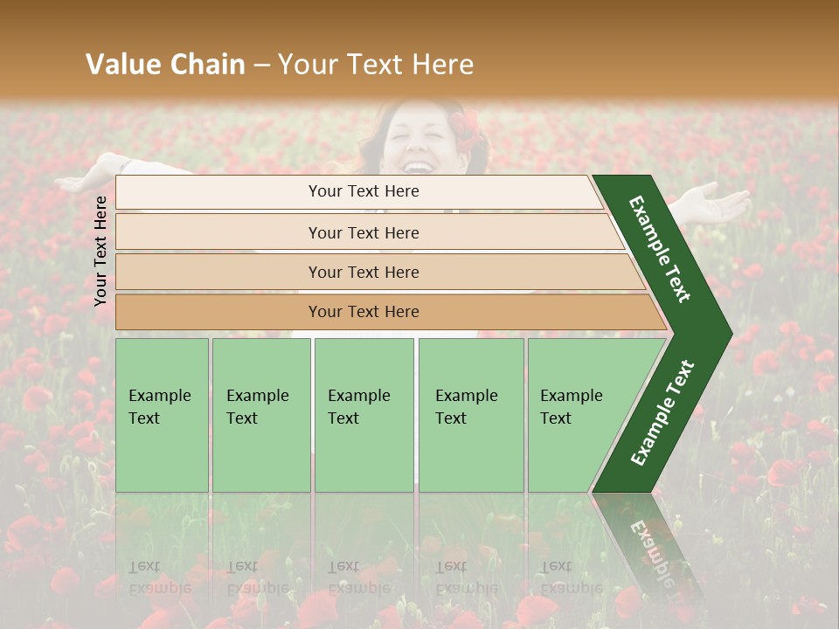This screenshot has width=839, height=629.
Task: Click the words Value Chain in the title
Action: coord(165,65)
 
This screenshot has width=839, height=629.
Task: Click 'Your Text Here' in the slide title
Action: coord(376,65)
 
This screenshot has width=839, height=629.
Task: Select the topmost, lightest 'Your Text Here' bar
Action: coord(363,191)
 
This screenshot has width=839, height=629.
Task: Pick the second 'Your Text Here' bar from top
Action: coord(363,232)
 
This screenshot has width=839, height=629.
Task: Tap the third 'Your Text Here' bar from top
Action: coord(363,272)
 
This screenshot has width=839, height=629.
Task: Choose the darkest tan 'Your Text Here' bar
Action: coord(363,312)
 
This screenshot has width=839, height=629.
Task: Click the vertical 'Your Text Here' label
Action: coord(101,251)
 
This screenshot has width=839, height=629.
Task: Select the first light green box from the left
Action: coord(162,415)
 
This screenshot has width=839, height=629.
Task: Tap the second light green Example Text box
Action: coord(260,415)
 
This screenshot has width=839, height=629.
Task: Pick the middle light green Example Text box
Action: coord(364,415)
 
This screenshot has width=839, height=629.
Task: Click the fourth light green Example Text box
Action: coord(470,415)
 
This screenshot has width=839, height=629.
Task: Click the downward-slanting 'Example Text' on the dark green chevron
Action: coord(661,249)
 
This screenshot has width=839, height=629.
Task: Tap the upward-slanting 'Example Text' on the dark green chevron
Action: coord(662,412)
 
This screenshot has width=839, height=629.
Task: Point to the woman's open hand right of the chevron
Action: coord(717,203)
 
